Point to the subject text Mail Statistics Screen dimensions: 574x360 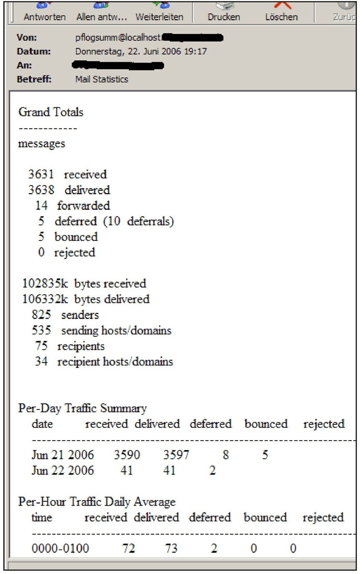point(102,79)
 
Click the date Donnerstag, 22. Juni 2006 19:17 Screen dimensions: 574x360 point(141,51)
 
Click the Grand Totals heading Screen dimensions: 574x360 point(51,112)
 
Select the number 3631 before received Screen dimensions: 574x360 point(41,175)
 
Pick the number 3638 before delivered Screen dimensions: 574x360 point(41,190)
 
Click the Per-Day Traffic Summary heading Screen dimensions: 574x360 point(82,408)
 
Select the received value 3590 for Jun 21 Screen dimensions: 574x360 point(127,455)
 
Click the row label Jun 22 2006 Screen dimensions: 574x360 point(63,471)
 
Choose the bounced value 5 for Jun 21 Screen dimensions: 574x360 point(265,455)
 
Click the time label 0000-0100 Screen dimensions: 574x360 point(60,549)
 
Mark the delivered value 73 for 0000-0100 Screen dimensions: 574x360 point(171,549)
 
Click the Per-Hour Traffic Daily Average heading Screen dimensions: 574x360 point(97,502)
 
